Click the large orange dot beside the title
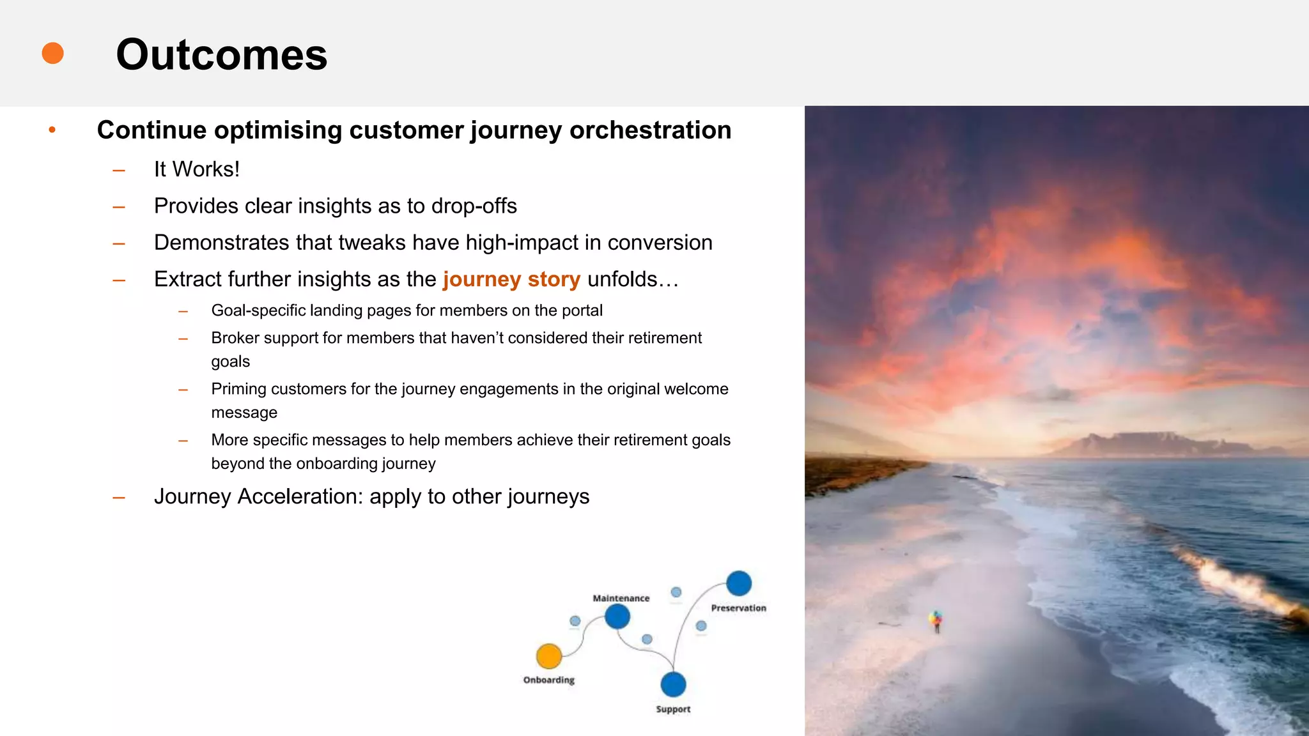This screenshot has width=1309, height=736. pos(52,53)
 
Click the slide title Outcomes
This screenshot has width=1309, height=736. pos(221,55)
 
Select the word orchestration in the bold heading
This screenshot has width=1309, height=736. pos(650,130)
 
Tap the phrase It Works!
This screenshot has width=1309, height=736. pos(197,169)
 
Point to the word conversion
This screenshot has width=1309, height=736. pos(660,243)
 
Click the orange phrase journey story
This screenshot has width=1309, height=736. pos(511,279)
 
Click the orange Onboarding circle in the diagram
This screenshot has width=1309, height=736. pos(548,656)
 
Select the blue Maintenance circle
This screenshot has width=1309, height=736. pos(617,617)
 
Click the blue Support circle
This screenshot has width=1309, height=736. pos(673,684)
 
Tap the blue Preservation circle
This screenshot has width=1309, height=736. pos(739,583)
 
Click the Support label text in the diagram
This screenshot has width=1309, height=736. pos(673,709)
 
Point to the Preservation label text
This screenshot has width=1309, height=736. pos(738,608)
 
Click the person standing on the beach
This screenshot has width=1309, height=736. pos(936,620)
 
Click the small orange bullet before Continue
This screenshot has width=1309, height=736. pos(52,130)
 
